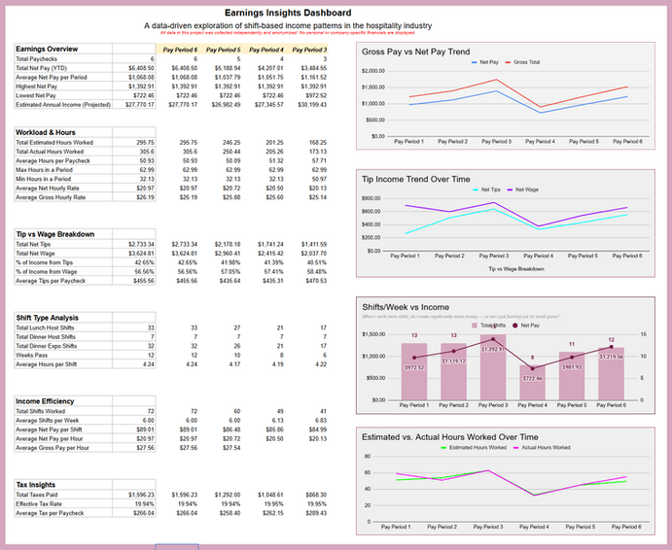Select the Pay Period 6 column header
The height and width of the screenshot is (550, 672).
coord(180,49)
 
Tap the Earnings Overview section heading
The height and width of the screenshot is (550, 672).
coord(48,49)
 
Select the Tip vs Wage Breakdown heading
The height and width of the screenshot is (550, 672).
coord(55,234)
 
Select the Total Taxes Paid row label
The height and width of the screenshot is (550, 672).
coord(37,496)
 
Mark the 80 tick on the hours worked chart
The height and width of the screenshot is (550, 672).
coord(368,457)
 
